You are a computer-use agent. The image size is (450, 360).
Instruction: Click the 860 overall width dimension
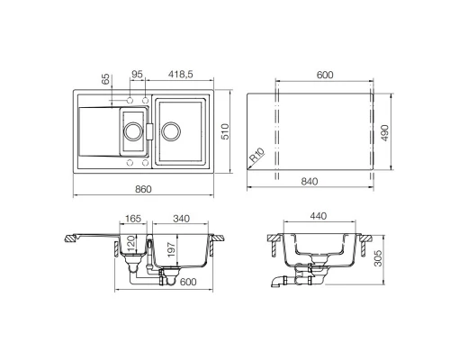143,189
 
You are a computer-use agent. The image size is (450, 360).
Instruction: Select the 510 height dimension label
225,131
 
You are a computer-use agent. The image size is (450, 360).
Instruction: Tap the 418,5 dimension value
181,75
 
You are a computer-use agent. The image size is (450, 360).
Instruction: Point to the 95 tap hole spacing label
137,74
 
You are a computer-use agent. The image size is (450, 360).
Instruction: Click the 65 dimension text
105,79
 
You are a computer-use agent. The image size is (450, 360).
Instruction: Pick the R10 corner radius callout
257,155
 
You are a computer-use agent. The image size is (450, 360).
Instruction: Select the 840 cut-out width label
310,182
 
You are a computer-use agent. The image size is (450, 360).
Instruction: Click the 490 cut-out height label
384,132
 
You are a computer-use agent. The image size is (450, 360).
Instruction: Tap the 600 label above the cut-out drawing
325,75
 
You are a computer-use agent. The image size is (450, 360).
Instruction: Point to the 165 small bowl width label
133,219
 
